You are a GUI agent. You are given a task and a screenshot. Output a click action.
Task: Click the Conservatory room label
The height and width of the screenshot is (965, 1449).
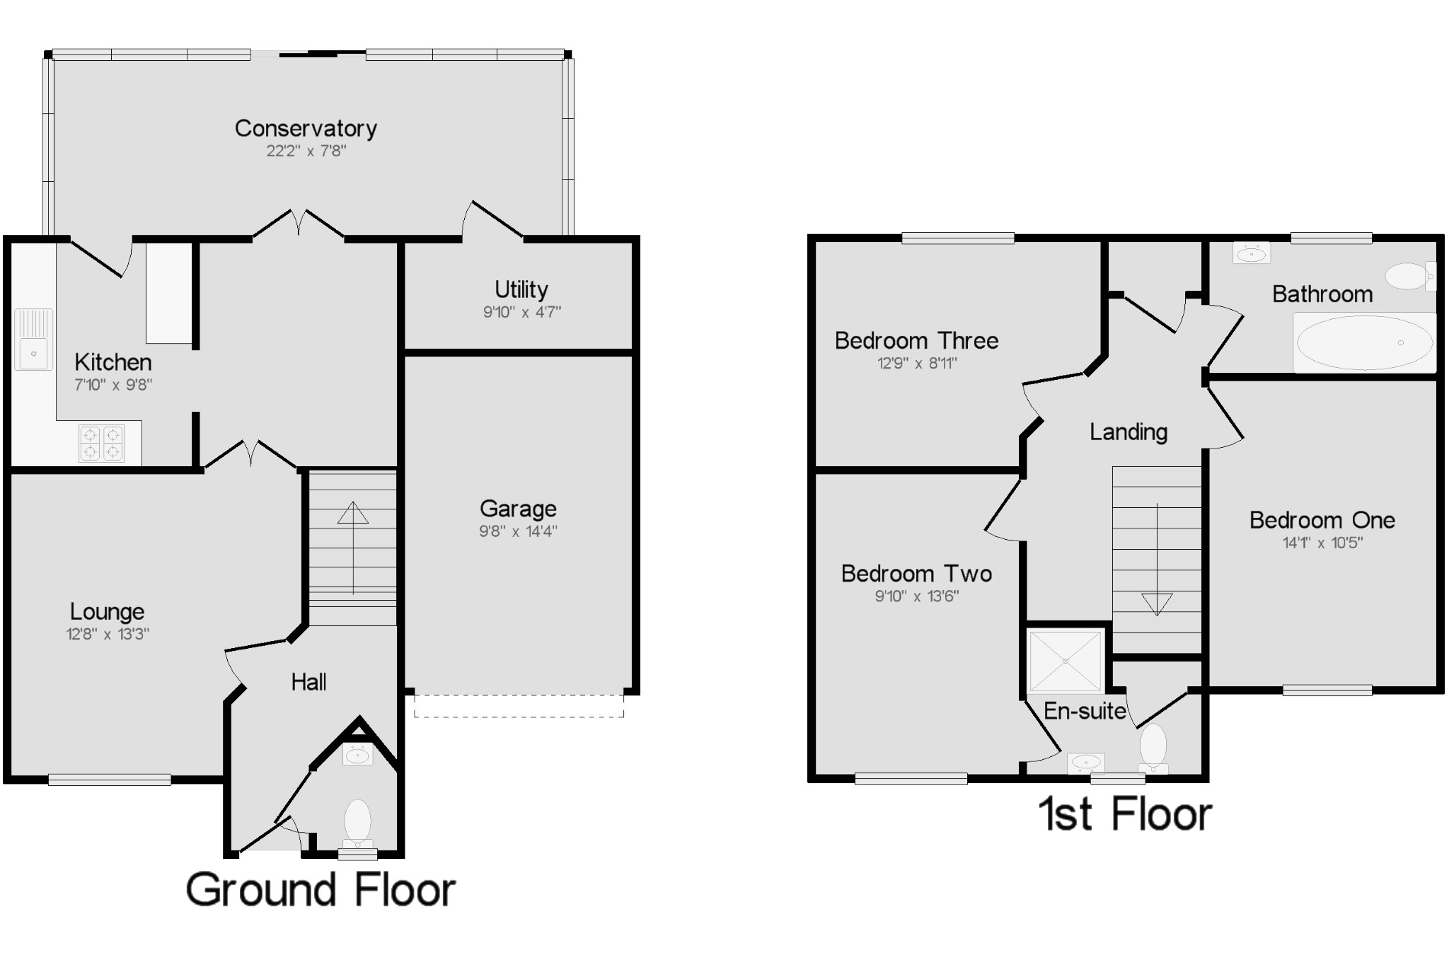pyautogui.click(x=306, y=129)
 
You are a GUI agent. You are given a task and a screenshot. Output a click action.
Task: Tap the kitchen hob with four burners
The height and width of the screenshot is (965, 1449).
pyautogui.click(x=101, y=443)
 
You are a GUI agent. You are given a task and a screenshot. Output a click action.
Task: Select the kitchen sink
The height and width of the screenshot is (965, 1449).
pyautogui.click(x=33, y=340)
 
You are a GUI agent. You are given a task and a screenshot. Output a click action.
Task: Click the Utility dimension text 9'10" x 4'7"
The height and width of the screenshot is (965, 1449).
pyautogui.click(x=522, y=312)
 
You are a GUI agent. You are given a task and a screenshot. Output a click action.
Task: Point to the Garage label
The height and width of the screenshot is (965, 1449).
pyautogui.click(x=518, y=509)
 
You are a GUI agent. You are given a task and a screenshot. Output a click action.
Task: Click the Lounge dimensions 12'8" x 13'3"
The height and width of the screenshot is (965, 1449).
pyautogui.click(x=108, y=634)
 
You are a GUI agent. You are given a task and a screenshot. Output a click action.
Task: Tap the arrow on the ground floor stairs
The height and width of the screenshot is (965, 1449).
pyautogui.click(x=353, y=548)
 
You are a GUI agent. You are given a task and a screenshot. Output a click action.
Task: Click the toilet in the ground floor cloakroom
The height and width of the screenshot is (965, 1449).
pyautogui.click(x=357, y=824)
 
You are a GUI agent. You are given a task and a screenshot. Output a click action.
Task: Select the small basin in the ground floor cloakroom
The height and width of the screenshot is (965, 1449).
pyautogui.click(x=357, y=754)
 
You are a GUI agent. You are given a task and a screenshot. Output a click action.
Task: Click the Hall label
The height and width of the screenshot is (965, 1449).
pyautogui.click(x=309, y=682)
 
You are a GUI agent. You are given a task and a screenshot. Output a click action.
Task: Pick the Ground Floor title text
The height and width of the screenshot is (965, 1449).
pyautogui.click(x=321, y=890)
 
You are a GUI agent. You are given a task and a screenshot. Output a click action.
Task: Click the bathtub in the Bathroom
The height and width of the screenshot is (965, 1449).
pyautogui.click(x=1364, y=342)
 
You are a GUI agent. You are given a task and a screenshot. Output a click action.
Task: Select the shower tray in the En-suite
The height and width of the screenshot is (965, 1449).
pyautogui.click(x=1066, y=661)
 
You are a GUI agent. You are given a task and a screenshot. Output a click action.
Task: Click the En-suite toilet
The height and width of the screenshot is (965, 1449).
pyautogui.click(x=1153, y=749)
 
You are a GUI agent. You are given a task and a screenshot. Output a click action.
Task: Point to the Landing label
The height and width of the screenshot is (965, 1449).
pyautogui.click(x=1128, y=432)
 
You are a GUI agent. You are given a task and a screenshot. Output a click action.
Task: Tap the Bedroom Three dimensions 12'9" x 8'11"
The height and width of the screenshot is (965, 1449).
pyautogui.click(x=917, y=364)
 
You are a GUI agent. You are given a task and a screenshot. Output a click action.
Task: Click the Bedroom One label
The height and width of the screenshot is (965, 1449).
pyautogui.click(x=1322, y=520)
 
